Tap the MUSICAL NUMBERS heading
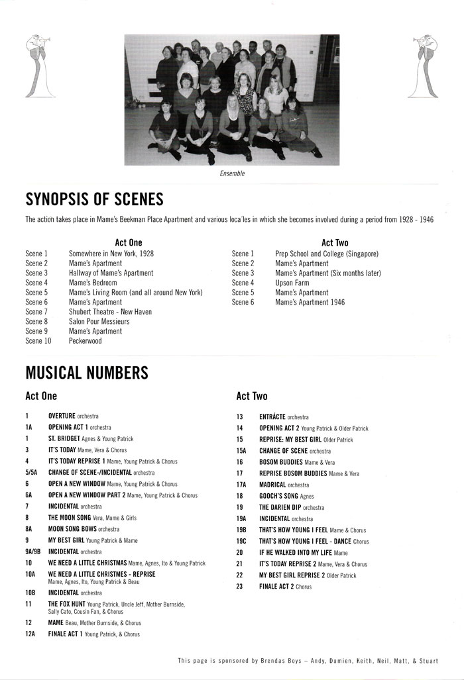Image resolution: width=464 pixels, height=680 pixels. (x=87, y=372)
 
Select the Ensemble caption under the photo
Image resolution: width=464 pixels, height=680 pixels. (x=232, y=173)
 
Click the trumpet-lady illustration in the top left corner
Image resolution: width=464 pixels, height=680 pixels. (x=32, y=66)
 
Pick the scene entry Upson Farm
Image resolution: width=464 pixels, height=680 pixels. (x=292, y=283)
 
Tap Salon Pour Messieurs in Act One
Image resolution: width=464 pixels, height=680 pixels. (x=99, y=322)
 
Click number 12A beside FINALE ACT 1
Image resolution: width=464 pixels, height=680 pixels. (x=30, y=634)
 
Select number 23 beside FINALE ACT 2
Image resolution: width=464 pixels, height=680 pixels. (x=240, y=587)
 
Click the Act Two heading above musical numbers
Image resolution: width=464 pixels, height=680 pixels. (x=252, y=397)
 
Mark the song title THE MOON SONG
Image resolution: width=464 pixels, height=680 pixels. (x=71, y=518)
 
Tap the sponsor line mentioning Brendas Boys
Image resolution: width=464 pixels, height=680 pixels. (x=312, y=661)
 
